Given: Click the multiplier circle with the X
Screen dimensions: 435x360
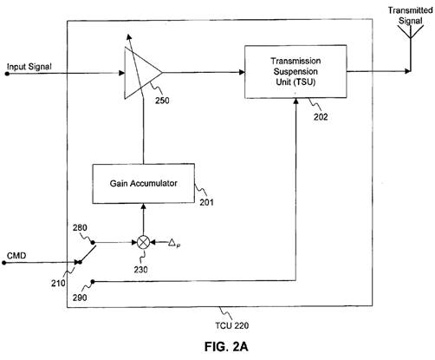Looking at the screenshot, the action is [x=143, y=242].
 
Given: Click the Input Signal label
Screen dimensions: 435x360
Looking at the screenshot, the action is [x=29, y=67].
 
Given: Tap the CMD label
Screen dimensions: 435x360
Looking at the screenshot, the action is [x=16, y=256].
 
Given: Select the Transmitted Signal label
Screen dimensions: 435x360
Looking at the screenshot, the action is [x=410, y=16].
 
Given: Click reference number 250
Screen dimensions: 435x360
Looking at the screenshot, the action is [x=162, y=101].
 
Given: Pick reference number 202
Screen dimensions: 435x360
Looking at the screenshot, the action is [x=321, y=117].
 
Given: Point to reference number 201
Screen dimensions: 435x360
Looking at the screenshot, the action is [x=207, y=202].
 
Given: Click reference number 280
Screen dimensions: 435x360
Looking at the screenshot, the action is [x=80, y=228].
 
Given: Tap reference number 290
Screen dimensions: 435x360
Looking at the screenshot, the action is [x=80, y=298].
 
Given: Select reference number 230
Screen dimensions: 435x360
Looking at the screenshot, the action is [x=140, y=270].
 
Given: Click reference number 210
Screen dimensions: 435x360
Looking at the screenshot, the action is [x=58, y=283].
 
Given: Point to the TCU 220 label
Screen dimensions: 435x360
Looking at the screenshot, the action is [x=231, y=325].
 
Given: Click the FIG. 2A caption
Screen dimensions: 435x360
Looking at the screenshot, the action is [x=226, y=346].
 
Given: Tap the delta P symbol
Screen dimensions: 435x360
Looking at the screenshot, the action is [x=174, y=243].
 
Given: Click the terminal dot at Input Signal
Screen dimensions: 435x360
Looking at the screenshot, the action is [x=7, y=74].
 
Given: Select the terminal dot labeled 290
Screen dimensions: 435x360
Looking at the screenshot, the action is [x=93, y=282].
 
